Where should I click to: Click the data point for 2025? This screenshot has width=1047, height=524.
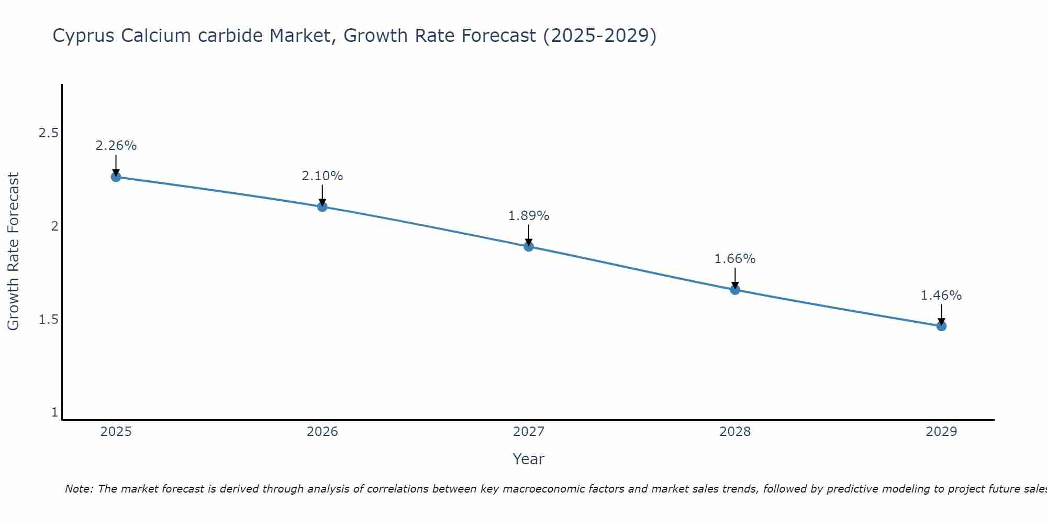pyautogui.click(x=116, y=177)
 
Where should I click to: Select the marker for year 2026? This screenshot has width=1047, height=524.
pyautogui.click(x=322, y=207)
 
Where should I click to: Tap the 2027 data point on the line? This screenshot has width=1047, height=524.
pyautogui.click(x=529, y=246)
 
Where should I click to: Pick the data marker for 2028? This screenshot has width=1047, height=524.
pyautogui.click(x=735, y=290)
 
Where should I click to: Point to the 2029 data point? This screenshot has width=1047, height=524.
pyautogui.click(x=941, y=326)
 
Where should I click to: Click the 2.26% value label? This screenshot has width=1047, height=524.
pyautogui.click(x=116, y=146)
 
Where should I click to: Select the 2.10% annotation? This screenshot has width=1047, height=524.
pyautogui.click(x=322, y=176)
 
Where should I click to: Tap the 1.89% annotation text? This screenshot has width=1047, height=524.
pyautogui.click(x=529, y=216)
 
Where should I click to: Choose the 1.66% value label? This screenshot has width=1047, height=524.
pyautogui.click(x=735, y=259)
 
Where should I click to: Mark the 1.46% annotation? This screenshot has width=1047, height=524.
pyautogui.click(x=941, y=296)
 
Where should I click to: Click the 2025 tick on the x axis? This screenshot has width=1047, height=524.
pyautogui.click(x=116, y=432)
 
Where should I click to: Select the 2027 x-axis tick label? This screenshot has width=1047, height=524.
pyautogui.click(x=529, y=432)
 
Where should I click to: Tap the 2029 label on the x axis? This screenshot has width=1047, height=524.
pyautogui.click(x=941, y=432)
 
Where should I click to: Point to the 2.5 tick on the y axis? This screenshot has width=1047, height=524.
pyautogui.click(x=48, y=133)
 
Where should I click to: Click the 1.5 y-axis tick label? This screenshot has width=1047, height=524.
pyautogui.click(x=48, y=320)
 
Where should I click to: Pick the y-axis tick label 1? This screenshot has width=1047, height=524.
pyautogui.click(x=54, y=413)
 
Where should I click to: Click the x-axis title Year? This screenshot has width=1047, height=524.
pyautogui.click(x=529, y=459)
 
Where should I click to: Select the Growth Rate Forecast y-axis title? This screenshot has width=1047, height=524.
pyautogui.click(x=13, y=252)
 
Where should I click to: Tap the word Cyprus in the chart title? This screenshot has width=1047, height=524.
pyautogui.click(x=84, y=36)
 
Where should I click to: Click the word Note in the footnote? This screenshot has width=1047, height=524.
pyautogui.click(x=79, y=489)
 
